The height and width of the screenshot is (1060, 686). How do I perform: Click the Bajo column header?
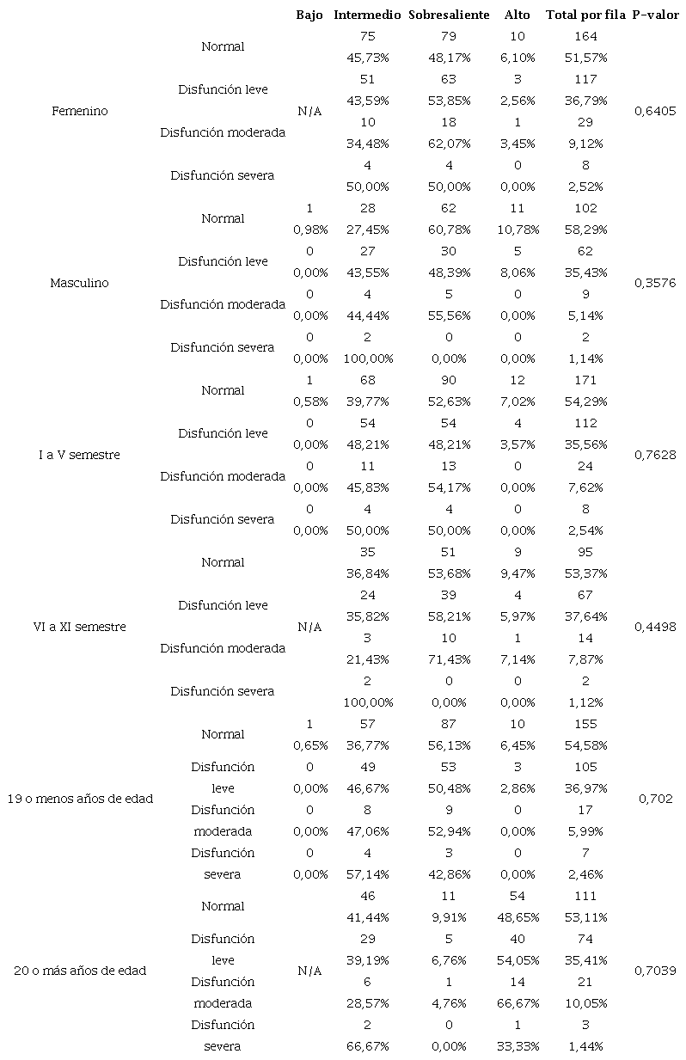tap(309, 15)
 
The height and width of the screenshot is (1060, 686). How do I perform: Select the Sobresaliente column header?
tap(449, 15)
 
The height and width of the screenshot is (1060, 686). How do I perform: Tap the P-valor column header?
tap(656, 15)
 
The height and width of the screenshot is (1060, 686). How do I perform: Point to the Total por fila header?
tap(585, 15)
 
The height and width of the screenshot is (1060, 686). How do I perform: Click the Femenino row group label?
tap(80, 111)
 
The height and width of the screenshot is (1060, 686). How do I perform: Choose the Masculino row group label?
tap(80, 283)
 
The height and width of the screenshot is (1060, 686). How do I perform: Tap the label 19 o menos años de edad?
tap(80, 799)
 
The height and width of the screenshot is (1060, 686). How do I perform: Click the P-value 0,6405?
tap(656, 111)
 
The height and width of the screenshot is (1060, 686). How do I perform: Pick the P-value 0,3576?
tap(656, 283)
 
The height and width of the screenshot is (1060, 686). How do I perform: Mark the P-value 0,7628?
tap(656, 455)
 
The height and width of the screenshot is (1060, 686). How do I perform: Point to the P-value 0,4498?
tap(656, 627)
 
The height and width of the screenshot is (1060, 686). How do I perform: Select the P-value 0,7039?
tap(656, 971)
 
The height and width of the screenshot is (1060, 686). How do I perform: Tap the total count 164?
tap(585, 36)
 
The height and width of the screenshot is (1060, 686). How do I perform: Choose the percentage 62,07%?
tap(449, 144)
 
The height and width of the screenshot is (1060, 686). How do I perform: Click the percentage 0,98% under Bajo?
tap(309, 230)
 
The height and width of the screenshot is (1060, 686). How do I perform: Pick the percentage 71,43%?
tap(449, 659)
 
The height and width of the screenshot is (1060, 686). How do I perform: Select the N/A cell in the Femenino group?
tap(309, 111)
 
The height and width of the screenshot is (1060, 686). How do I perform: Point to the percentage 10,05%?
tap(585, 1003)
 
